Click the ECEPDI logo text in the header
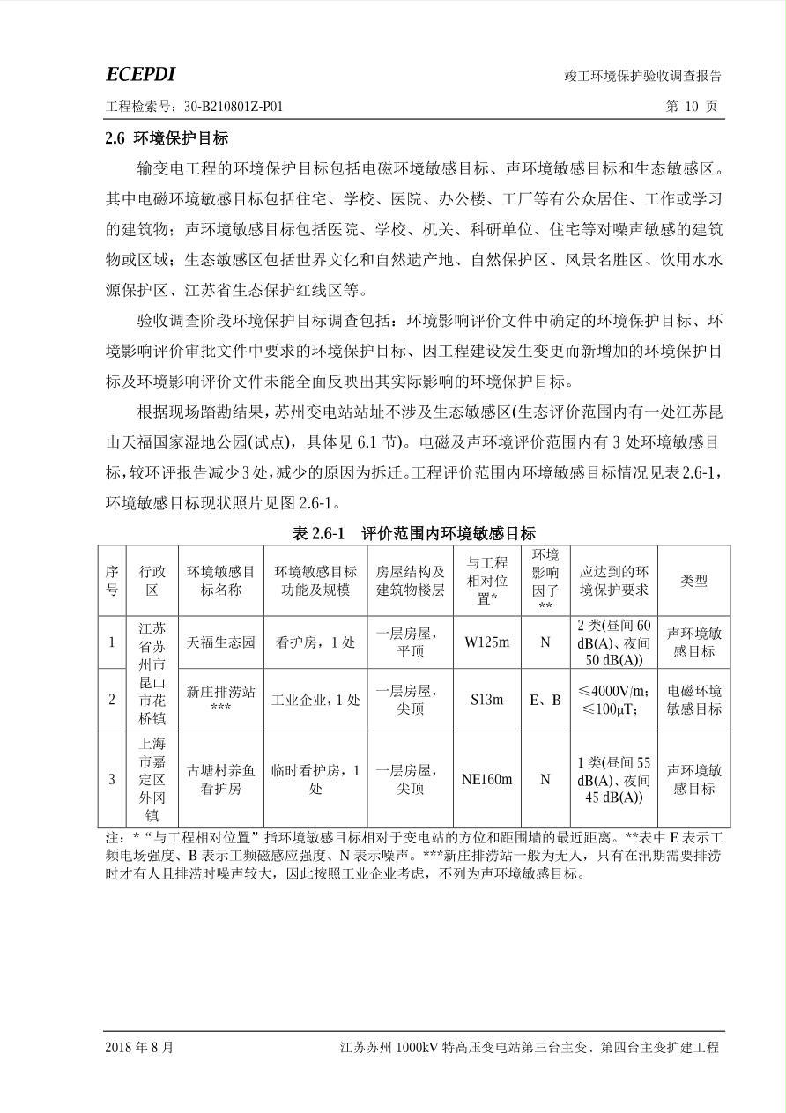[x=140, y=74]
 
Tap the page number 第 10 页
[x=692, y=107]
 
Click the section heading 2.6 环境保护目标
[x=167, y=138]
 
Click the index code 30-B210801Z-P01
[x=234, y=107]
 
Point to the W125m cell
[x=486, y=642]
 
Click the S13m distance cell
[x=486, y=700]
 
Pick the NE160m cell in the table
[x=486, y=779]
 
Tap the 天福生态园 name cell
[x=220, y=642]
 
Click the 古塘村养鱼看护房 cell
[x=220, y=779]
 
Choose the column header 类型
[x=693, y=581]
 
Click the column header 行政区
[x=152, y=581]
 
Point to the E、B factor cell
[x=545, y=700]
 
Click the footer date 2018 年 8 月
[x=139, y=1048]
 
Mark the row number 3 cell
[x=112, y=779]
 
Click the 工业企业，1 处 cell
[x=315, y=700]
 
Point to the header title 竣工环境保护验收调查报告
[x=649, y=77]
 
